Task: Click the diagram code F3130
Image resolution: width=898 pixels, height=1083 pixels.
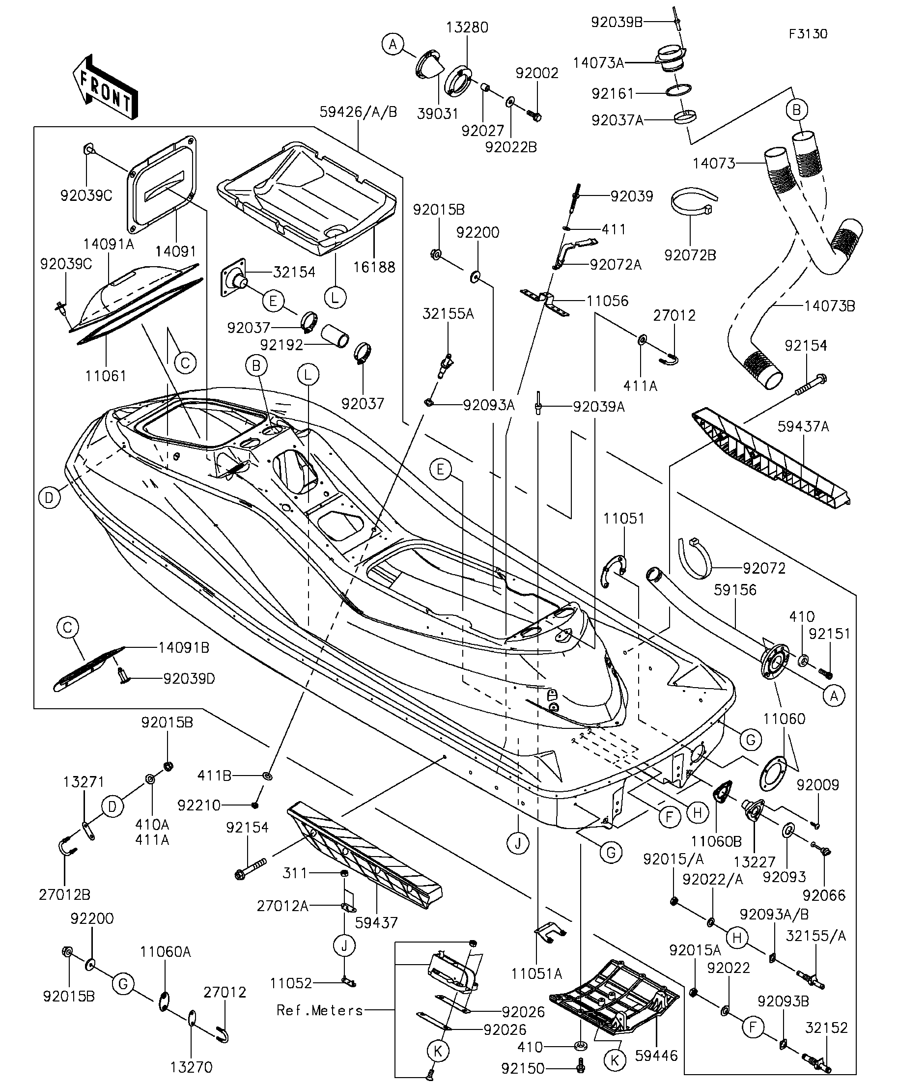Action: (808, 34)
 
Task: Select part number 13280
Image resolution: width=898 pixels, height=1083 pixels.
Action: (467, 28)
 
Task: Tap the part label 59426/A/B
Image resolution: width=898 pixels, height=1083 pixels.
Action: (359, 112)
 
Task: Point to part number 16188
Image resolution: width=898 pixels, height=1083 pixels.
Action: (374, 267)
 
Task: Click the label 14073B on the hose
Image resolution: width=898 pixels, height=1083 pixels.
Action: (829, 306)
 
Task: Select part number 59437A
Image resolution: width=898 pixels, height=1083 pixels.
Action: (803, 426)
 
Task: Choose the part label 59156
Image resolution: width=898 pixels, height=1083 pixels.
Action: (735, 589)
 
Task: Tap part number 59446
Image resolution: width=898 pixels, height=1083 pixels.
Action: (656, 1055)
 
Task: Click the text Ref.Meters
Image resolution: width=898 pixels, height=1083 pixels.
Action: (320, 1010)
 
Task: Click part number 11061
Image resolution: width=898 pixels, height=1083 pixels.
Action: (106, 376)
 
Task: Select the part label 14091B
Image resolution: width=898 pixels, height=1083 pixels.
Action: (184, 648)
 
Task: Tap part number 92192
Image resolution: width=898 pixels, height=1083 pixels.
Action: (281, 345)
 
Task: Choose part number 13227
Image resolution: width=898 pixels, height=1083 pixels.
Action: (755, 862)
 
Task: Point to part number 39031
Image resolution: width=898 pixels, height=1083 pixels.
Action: (437, 113)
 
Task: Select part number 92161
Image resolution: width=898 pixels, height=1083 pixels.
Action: (613, 93)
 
